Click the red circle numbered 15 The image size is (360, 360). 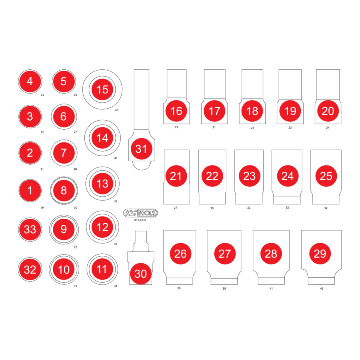[102, 89]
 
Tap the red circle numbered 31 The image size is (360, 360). [141, 149]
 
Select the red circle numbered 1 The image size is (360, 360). [30, 191]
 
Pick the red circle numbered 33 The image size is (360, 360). [30, 229]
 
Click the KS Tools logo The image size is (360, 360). [140, 213]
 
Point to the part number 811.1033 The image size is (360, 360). [140, 220]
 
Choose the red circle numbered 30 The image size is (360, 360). [140, 274]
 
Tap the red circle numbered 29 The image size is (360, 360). [320, 253]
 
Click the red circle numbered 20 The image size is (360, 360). [328, 111]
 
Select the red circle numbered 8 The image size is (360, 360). [64, 191]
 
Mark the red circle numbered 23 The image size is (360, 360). [249, 176]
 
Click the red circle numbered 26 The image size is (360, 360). [180, 253]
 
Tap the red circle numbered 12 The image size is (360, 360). [102, 227]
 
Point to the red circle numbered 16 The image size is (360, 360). [176, 111]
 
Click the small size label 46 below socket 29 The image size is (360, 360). [322, 289]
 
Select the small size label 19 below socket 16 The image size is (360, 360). [177, 127]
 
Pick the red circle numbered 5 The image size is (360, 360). [64, 81]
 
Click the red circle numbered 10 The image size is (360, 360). [64, 270]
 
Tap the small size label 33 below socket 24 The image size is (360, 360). [287, 208]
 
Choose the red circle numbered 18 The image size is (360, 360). [252, 111]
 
